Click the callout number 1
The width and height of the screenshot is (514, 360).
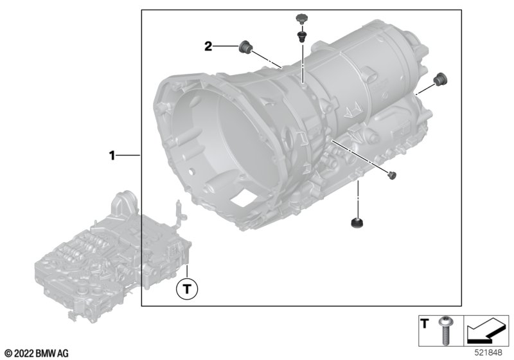pyautogui.click(x=111, y=156)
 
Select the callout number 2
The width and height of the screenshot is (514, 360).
pyautogui.click(x=208, y=46)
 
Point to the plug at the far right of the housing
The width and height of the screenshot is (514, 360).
pyautogui.click(x=440, y=79)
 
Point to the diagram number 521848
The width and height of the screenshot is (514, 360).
pyautogui.click(x=492, y=353)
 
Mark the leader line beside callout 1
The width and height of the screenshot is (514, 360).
pyautogui.click(x=128, y=156)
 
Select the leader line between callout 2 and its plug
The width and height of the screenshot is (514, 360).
pyautogui.click(x=226, y=46)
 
